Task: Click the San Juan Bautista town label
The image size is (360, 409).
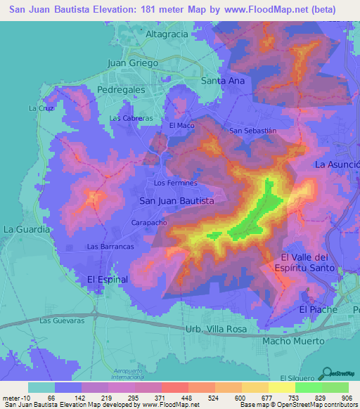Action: click(176, 201)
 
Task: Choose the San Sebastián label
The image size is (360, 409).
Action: click(254, 131)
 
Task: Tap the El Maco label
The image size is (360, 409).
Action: click(181, 125)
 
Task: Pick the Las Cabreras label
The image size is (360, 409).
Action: click(131, 119)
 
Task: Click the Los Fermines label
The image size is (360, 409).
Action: click(175, 183)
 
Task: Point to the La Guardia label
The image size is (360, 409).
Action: click(27, 229)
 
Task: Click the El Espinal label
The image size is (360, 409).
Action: click(107, 279)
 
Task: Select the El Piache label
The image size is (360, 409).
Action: click(318, 309)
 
